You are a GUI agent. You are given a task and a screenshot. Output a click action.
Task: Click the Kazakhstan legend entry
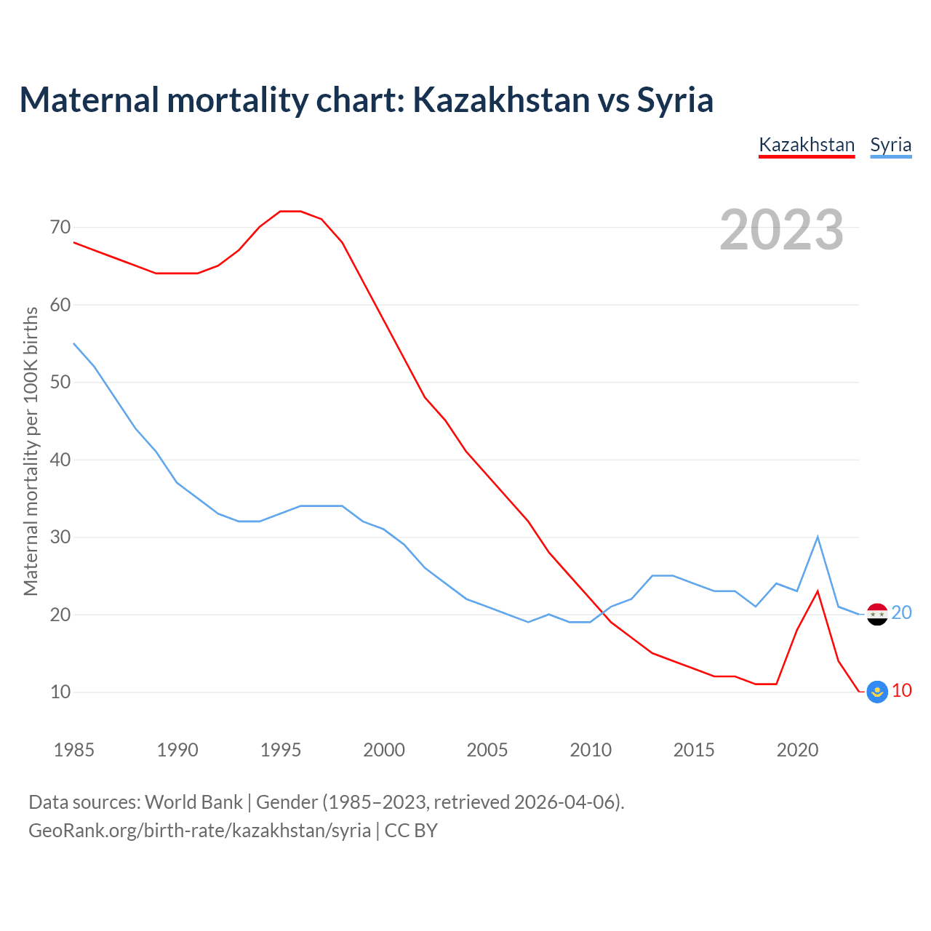tap(807, 145)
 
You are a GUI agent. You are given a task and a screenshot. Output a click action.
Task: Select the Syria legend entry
tap(890, 145)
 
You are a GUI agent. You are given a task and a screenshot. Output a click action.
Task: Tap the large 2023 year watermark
tap(781, 230)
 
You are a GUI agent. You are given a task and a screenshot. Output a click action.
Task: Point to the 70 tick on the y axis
tap(60, 228)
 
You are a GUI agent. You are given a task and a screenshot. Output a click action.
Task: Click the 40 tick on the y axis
tap(60, 460)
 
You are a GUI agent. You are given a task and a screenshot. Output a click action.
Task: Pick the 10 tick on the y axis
tap(60, 692)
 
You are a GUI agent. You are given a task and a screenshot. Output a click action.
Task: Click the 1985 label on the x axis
tap(74, 750)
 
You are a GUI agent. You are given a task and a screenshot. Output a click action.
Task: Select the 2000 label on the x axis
tap(384, 750)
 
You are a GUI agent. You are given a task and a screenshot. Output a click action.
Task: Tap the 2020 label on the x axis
tap(797, 750)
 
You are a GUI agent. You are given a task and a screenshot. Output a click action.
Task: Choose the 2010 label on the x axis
tap(591, 750)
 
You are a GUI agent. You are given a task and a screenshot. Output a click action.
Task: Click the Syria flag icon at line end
tap(878, 615)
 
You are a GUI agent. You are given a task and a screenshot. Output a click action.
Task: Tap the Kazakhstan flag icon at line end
tap(878, 692)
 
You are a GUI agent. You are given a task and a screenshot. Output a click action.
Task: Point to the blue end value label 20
tap(902, 613)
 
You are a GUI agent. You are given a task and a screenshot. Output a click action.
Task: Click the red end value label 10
tap(902, 690)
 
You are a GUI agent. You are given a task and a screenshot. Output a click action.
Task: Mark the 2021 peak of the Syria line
tap(818, 538)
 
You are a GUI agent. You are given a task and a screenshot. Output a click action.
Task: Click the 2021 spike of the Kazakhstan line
tap(818, 591)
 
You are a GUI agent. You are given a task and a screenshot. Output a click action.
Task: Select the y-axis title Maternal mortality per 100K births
tap(31, 452)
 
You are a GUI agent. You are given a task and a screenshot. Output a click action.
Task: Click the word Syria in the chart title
tap(675, 100)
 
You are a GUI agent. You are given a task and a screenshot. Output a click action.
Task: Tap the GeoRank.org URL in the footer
tap(199, 831)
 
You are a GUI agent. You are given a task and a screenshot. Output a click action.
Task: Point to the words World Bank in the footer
tap(193, 802)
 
